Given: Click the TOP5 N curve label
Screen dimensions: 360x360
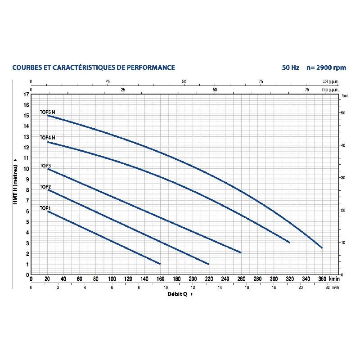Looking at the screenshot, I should tap(47, 112).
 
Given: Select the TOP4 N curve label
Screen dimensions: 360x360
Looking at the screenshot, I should tap(47, 137).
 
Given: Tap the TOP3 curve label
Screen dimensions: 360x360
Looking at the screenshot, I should tap(45, 166).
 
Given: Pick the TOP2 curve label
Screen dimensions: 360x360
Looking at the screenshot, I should tap(45, 186).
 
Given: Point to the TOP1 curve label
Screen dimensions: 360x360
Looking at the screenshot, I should tap(45, 208).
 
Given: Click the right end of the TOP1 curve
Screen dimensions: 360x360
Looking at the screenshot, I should tap(160, 263).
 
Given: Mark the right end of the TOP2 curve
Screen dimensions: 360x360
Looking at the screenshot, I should tap(208, 264).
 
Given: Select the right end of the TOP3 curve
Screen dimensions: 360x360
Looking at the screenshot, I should tap(241, 252).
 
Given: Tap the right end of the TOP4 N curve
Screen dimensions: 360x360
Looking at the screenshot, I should tap(289, 242).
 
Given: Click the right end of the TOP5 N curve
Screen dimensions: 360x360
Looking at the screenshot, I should tap(322, 247).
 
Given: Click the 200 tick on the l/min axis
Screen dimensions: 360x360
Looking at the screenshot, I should tap(193, 279).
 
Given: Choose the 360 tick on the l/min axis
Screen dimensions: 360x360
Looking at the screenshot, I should tap(322, 279).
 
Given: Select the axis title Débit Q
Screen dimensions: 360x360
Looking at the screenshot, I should tap(178, 294).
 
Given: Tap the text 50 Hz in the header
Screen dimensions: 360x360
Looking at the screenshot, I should tap(291, 67).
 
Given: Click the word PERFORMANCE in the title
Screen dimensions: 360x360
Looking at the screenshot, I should tap(150, 67).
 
